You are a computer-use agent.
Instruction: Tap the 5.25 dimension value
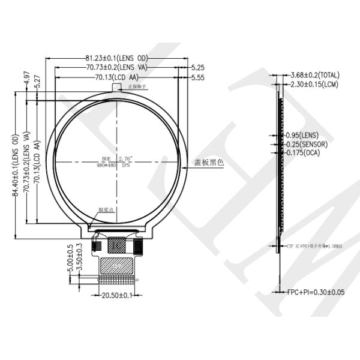pyautogui.click(x=198, y=68)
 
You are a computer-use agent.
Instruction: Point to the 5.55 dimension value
pyautogui.click(x=198, y=78)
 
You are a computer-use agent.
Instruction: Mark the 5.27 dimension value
pyautogui.click(x=37, y=82)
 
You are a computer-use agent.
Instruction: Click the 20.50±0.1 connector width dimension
pyautogui.click(x=118, y=295)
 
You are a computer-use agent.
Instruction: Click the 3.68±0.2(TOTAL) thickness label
pyautogui.click(x=314, y=75)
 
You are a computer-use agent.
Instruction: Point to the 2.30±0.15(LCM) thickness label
pyautogui.click(x=315, y=85)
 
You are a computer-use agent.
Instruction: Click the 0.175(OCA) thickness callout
pyautogui.click(x=303, y=154)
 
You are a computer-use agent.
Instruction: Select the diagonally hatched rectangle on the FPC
pyautogui.click(x=117, y=265)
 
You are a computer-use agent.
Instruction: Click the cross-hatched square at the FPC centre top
pyautogui.click(x=118, y=245)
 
